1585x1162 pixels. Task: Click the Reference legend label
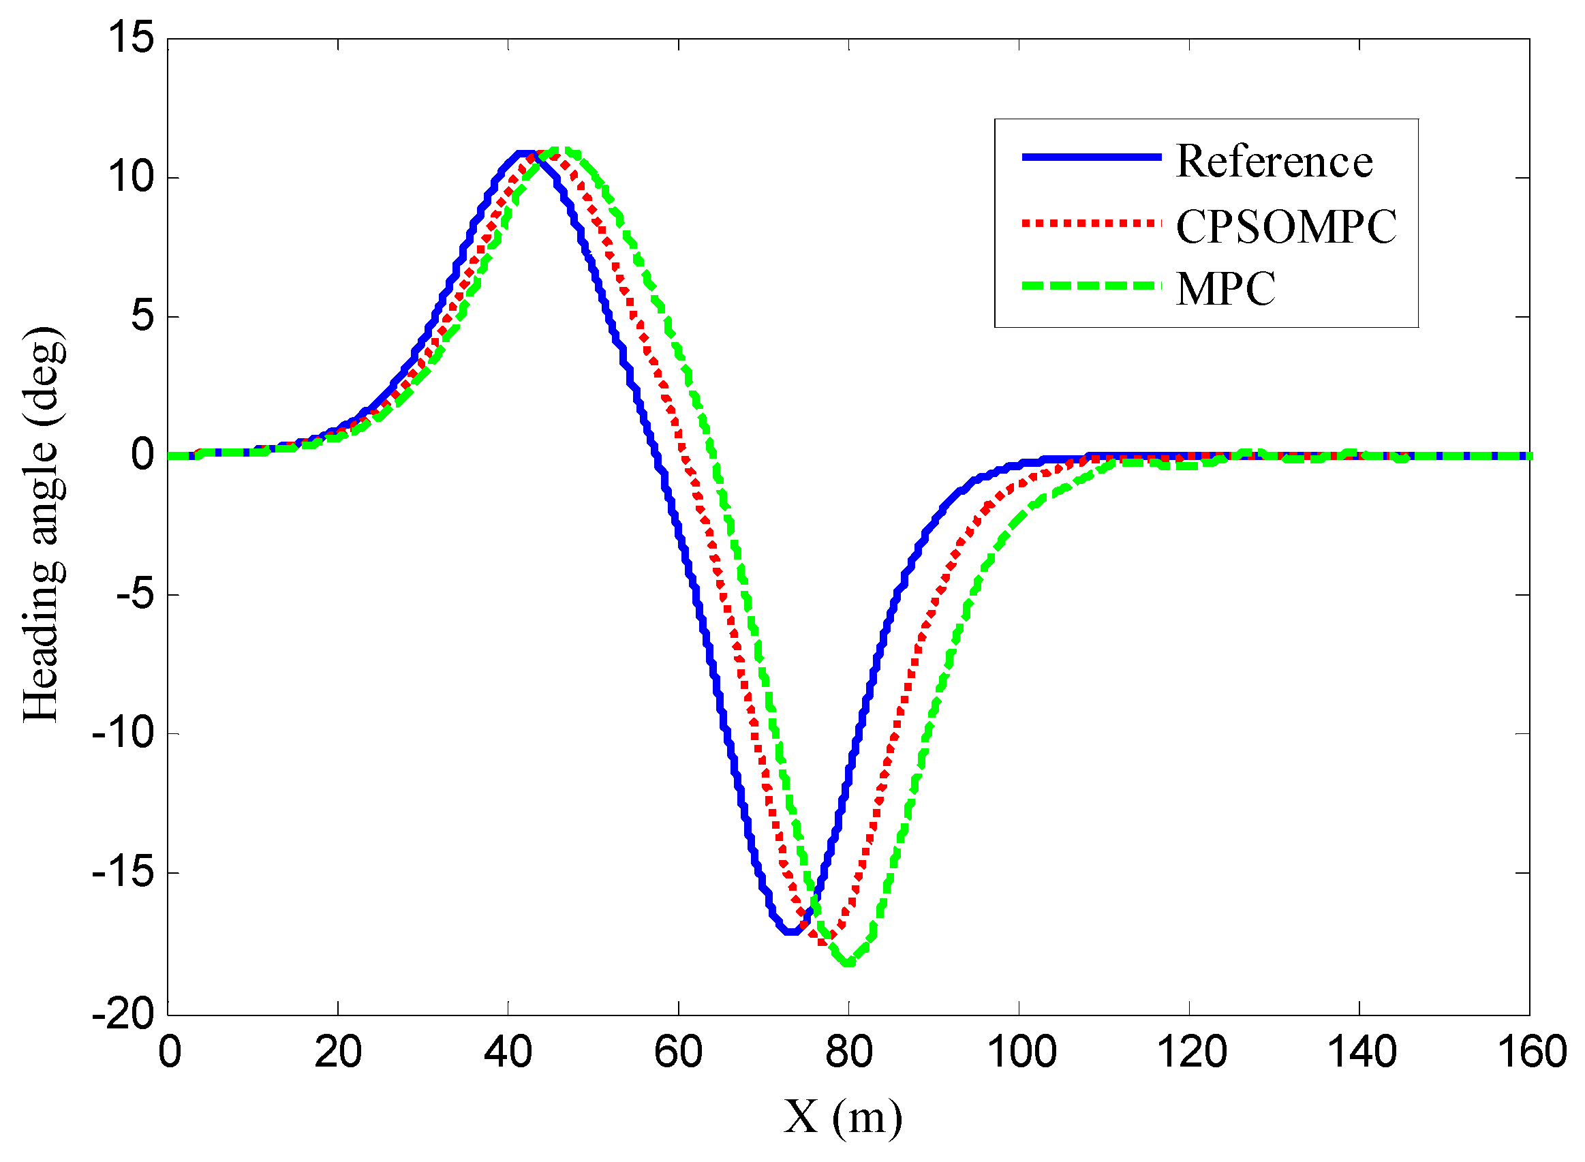[1274, 161]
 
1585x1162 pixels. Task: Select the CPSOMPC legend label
[1286, 226]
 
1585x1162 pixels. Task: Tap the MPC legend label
[1226, 288]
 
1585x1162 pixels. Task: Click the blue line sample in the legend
[1091, 157]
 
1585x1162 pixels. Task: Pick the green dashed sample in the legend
[1091, 286]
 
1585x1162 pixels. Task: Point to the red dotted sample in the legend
[1091, 224]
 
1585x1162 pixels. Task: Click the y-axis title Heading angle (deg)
[44, 525]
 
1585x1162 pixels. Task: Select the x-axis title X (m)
[842, 1117]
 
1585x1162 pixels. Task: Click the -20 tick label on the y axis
[123, 1013]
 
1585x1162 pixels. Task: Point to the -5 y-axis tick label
[134, 595]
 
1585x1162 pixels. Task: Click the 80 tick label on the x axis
[849, 1052]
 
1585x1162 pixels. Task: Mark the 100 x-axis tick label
[1021, 1052]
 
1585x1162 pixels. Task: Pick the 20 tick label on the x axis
[338, 1052]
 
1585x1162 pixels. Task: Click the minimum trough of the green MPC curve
[849, 962]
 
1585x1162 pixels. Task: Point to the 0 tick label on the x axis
[170, 1052]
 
